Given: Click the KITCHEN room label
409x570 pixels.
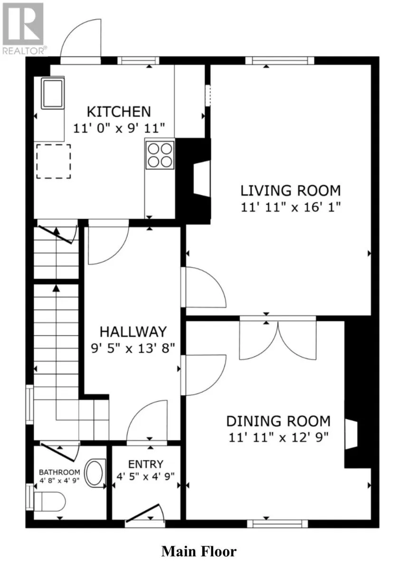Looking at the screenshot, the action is coord(119,112).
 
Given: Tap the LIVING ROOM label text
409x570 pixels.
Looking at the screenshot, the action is coord(290,190).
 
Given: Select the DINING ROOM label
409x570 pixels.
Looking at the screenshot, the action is coord(278,421).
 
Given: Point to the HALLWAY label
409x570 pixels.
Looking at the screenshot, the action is coord(133,332).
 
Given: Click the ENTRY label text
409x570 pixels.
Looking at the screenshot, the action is coord(145,465).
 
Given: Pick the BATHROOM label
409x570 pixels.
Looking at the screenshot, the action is coord(59,472).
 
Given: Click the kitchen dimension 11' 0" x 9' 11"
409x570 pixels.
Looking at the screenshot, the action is coord(119,128).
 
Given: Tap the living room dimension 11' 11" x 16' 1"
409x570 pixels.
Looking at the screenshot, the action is coord(291,208).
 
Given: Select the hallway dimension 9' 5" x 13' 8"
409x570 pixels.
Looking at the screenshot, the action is coord(133,348).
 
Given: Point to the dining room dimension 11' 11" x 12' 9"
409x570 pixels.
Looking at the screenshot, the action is coord(279,438).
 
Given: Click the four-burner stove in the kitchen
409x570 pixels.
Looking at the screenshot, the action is coord(160,155).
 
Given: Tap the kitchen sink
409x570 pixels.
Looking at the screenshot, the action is coord(53,94).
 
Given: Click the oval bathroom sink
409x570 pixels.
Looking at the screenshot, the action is coord(95,473).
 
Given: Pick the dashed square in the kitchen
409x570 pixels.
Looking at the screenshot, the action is coord(54,161).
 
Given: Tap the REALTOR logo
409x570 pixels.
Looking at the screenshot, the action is coord(24,28).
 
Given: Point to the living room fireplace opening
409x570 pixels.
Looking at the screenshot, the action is coord(202,179).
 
